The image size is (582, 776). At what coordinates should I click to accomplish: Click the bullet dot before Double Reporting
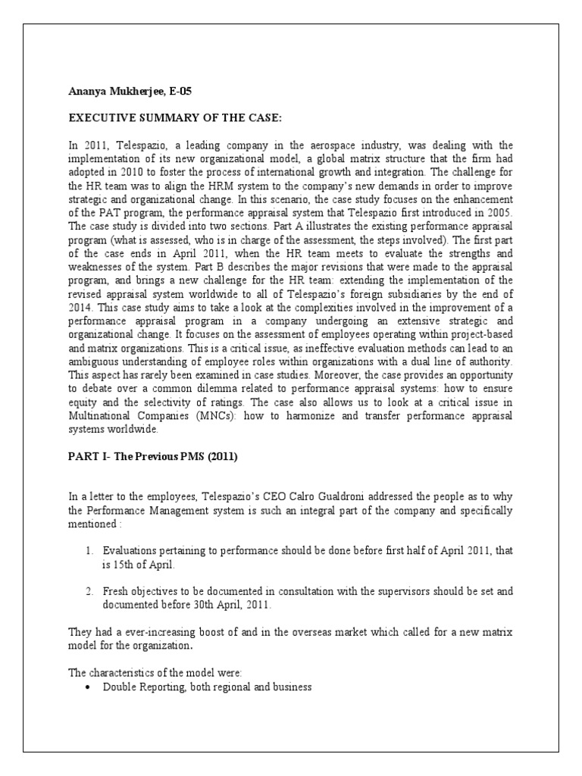tap(89, 687)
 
